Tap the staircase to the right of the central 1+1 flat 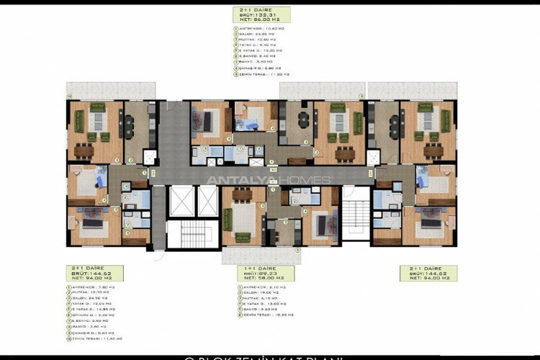(356, 217)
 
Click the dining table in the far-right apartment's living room (433, 150)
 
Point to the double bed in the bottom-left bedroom (92, 222)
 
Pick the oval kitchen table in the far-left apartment (130, 127)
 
